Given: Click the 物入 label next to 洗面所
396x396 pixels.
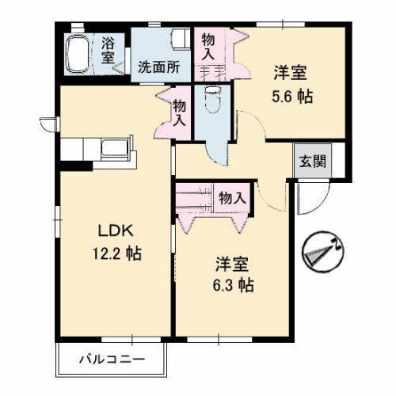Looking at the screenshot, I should point(208,48).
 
